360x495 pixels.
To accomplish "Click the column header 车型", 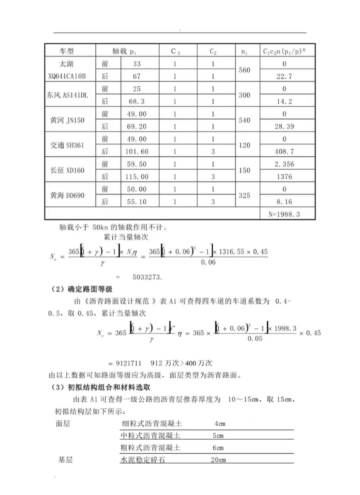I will [67, 51].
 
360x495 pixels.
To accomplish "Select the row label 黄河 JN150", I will [67, 120].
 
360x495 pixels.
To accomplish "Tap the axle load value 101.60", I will [137, 152].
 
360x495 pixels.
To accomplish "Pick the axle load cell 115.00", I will [137, 177].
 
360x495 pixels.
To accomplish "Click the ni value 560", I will [244, 70].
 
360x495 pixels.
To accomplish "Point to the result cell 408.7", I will [284, 152].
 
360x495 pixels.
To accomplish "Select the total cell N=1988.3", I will [284, 214].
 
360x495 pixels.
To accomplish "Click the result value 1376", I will [284, 177].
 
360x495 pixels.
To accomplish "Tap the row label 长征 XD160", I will [67, 170].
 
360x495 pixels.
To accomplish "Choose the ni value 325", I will [244, 196].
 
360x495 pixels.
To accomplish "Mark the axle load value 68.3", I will [137, 101].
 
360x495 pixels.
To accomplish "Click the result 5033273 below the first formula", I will [147, 277].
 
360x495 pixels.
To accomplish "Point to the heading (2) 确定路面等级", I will [82, 289].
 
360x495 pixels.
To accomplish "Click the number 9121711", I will [128, 363].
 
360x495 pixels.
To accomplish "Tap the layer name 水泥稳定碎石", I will [143, 460].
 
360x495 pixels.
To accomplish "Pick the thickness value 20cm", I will [218, 460].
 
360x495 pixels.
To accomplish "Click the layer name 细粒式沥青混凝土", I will [152, 424].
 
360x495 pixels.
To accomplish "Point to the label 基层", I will [65, 460].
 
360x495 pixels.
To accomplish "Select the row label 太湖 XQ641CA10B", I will [67, 70].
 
